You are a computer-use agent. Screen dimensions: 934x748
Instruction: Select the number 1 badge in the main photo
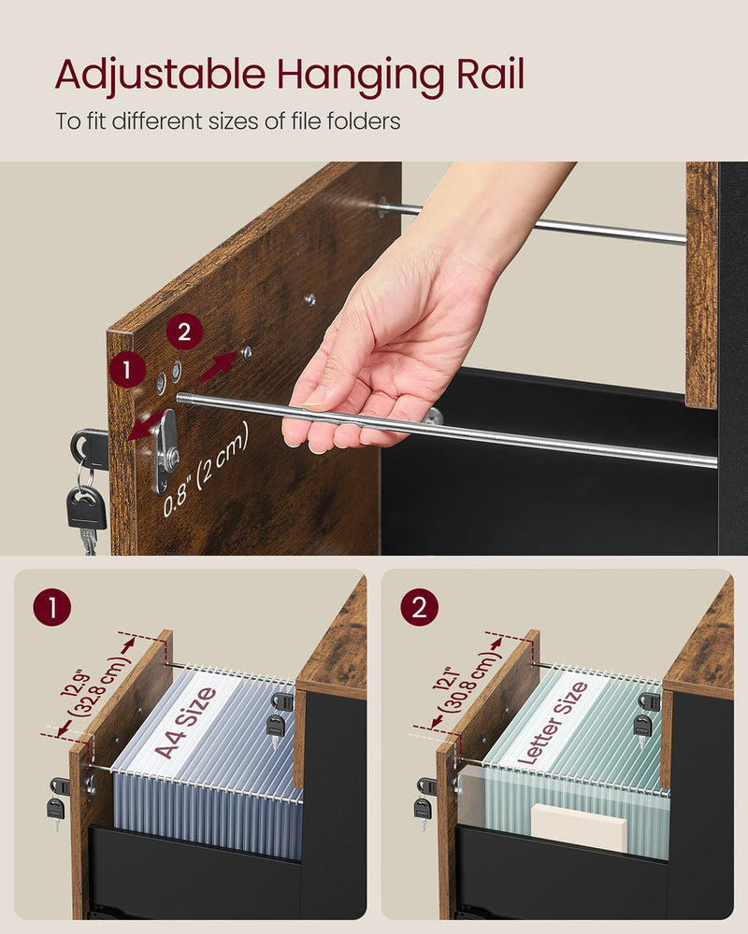(126, 370)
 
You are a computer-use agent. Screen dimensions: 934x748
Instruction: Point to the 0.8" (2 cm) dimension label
(208, 470)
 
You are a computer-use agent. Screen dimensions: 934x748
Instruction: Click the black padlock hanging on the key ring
(85, 510)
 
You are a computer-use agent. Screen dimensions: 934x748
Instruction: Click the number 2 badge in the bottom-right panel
(418, 609)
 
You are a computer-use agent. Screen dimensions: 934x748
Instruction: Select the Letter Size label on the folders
(553, 723)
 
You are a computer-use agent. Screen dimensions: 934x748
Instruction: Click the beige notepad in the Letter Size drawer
(580, 828)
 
